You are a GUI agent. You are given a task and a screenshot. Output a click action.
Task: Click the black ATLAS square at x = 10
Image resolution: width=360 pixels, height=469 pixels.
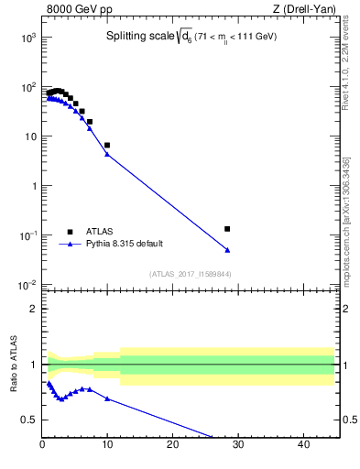click(x=107, y=145)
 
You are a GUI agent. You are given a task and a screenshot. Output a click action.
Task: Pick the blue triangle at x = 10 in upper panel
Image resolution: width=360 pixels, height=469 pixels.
click(x=107, y=154)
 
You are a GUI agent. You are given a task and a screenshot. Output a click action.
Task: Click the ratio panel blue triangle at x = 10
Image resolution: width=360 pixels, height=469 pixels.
click(x=107, y=398)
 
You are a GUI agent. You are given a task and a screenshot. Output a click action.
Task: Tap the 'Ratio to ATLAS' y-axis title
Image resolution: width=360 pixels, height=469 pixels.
click(x=14, y=365)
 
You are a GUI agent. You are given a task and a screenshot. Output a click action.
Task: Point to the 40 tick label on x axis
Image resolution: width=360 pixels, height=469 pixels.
click(x=303, y=445)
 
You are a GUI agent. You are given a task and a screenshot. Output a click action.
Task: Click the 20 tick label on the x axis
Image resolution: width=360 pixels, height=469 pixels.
click(x=173, y=445)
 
